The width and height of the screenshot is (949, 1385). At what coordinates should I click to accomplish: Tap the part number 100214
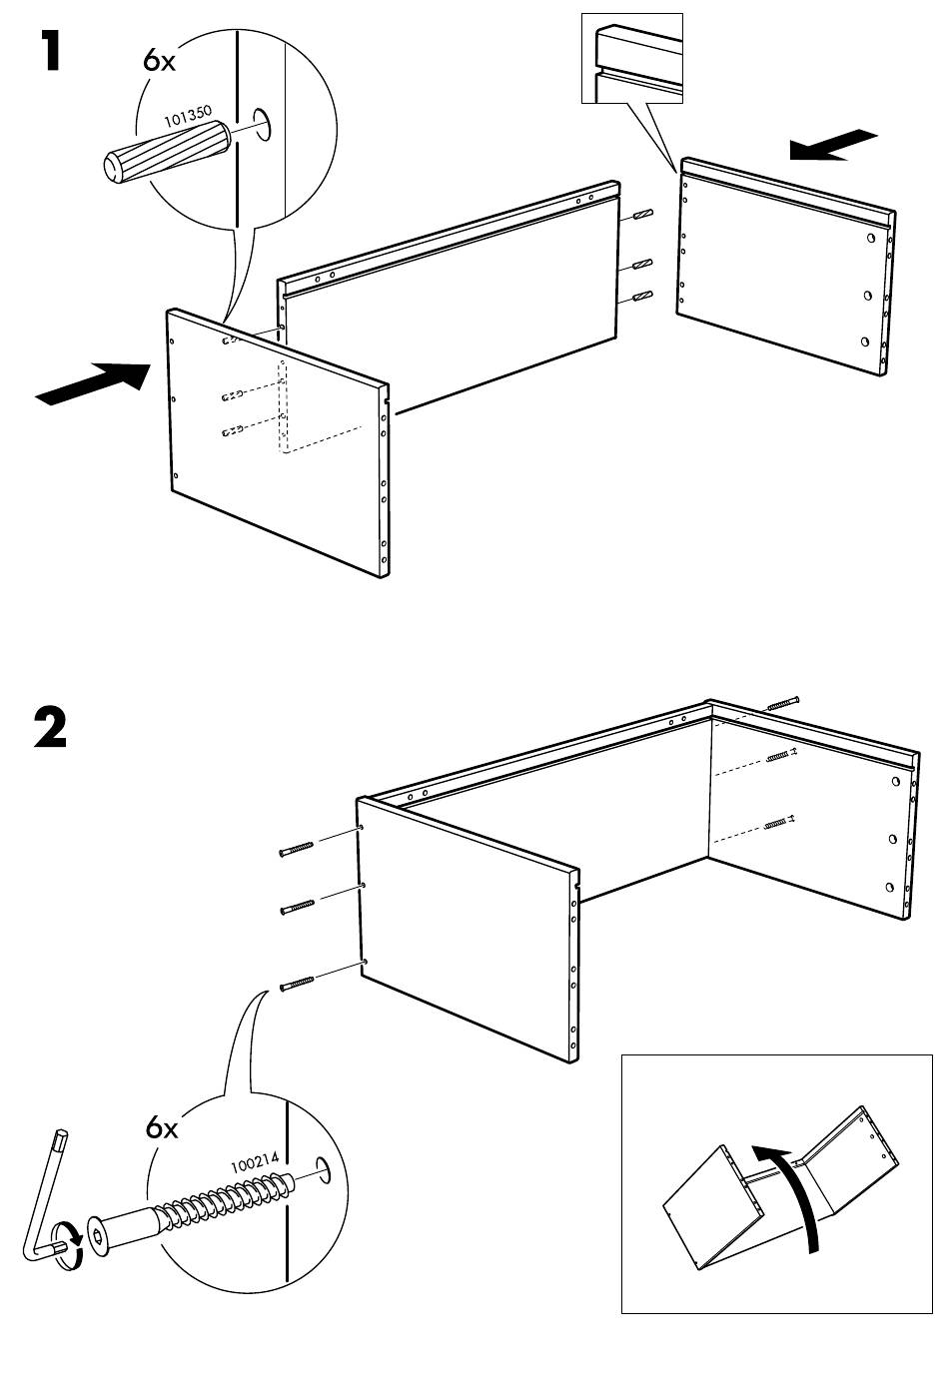point(255,1164)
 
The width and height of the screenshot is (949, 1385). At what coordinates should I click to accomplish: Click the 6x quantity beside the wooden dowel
point(159,61)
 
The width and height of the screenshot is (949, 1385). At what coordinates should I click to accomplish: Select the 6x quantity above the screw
point(162,1128)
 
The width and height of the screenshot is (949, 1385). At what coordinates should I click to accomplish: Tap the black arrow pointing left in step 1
point(833,144)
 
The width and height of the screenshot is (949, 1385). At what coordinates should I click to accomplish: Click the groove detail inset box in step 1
point(632,58)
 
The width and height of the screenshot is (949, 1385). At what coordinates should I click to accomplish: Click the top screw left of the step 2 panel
point(297,850)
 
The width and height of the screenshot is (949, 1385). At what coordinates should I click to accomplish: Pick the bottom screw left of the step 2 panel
point(297,985)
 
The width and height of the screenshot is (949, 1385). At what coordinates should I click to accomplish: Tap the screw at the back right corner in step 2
point(783,703)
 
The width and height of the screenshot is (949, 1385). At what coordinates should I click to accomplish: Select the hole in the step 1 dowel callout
point(264,124)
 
